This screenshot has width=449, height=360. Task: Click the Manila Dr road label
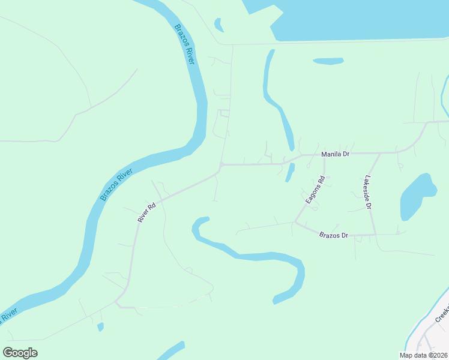tap(336, 154)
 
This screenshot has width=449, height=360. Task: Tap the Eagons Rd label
tap(315, 190)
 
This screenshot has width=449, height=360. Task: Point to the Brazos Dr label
tap(334, 235)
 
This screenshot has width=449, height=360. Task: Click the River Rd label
tap(146, 212)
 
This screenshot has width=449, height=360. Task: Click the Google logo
tap(20, 353)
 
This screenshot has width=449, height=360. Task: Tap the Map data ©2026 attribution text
tap(423, 355)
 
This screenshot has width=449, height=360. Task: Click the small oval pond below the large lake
tap(328, 61)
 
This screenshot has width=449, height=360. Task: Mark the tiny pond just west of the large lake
tap(219, 25)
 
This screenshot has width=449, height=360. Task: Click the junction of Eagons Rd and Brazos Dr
tap(295, 223)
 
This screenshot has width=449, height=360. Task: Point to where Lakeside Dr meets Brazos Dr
tap(375, 234)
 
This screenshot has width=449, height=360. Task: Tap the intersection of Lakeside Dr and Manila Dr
tap(380, 153)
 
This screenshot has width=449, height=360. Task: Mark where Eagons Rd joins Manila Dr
tap(325, 154)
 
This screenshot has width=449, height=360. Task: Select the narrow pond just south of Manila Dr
tap(290, 172)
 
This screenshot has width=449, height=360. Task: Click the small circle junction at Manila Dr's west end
tap(221, 164)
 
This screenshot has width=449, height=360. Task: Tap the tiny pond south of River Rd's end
tap(100, 327)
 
